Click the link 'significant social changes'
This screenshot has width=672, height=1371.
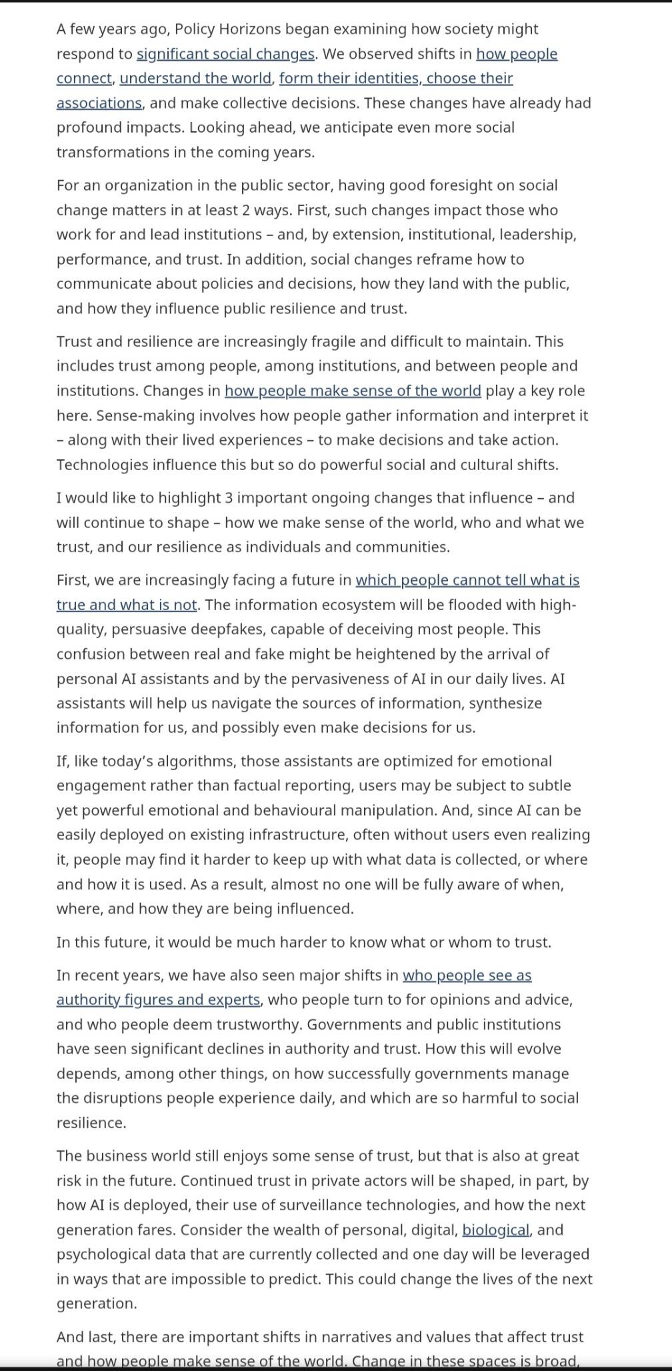click(225, 53)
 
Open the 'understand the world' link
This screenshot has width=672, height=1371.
click(196, 78)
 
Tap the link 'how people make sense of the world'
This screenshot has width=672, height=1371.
click(352, 390)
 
